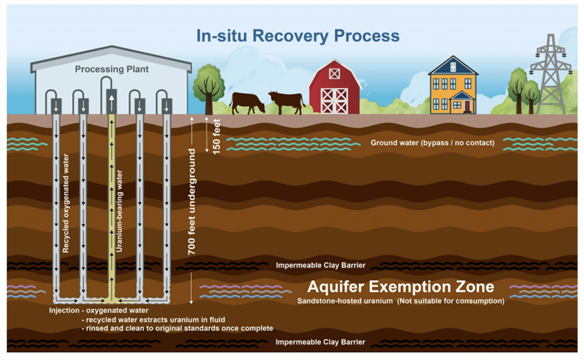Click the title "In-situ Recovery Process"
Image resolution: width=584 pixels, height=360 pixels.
[x=298, y=36]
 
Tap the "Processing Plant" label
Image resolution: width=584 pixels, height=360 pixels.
[x=112, y=70]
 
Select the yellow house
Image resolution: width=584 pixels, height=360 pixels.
[x=453, y=86]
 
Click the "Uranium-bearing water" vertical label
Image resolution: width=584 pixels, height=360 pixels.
[x=120, y=212]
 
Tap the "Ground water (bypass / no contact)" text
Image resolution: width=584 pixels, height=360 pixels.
[x=424, y=143]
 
